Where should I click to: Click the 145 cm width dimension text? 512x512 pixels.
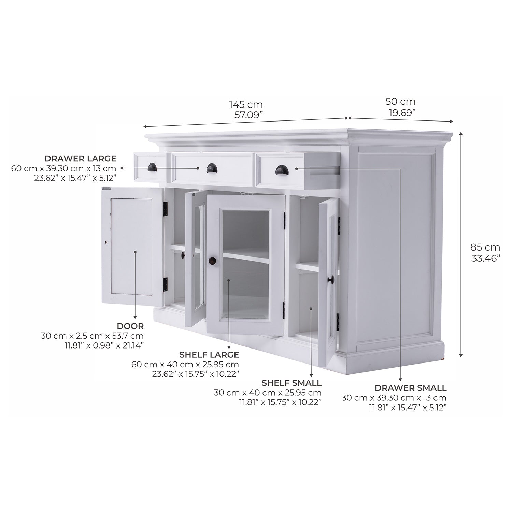click(x=246, y=104)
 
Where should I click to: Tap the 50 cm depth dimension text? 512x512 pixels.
click(x=400, y=102)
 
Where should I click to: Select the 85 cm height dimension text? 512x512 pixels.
click(x=485, y=247)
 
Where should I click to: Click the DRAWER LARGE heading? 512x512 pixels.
click(x=80, y=159)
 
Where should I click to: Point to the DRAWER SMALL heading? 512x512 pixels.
click(x=410, y=388)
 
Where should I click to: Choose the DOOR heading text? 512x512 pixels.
click(x=130, y=326)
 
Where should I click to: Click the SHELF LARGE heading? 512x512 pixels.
click(x=209, y=355)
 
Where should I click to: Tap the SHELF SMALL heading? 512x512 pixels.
click(x=291, y=383)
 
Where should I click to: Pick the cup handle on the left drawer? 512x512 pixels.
click(x=152, y=167)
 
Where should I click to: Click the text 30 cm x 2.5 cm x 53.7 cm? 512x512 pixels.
click(x=92, y=336)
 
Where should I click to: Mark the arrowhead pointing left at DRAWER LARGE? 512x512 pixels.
click(x=123, y=168)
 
